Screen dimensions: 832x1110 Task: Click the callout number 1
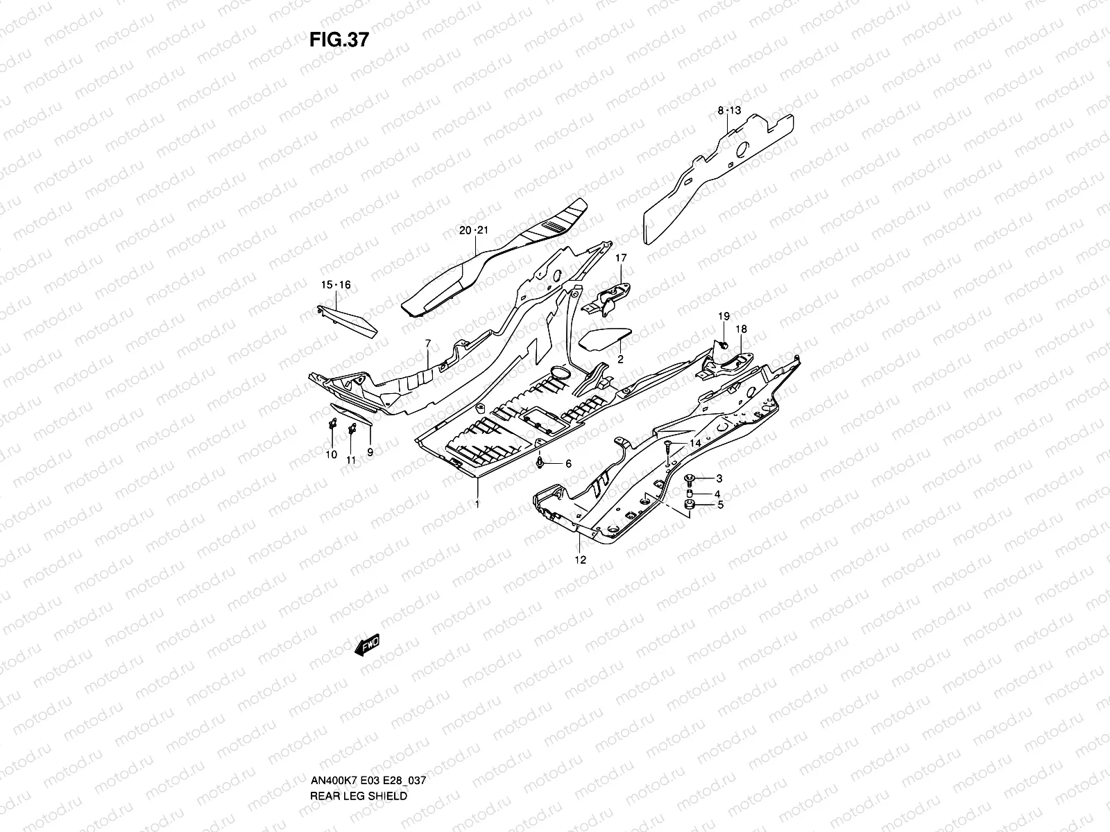pos(477,504)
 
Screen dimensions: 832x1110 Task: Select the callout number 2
pos(620,359)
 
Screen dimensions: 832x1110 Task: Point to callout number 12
pos(581,560)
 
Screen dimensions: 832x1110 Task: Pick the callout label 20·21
pos(474,230)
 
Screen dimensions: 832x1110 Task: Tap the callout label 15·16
pos(336,285)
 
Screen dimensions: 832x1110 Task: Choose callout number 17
pos(620,258)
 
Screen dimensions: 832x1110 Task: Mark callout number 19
pos(724,316)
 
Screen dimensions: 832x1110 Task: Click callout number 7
pos(428,344)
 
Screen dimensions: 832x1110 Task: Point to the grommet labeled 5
pos(690,505)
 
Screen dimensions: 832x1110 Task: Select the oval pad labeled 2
pos(604,340)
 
